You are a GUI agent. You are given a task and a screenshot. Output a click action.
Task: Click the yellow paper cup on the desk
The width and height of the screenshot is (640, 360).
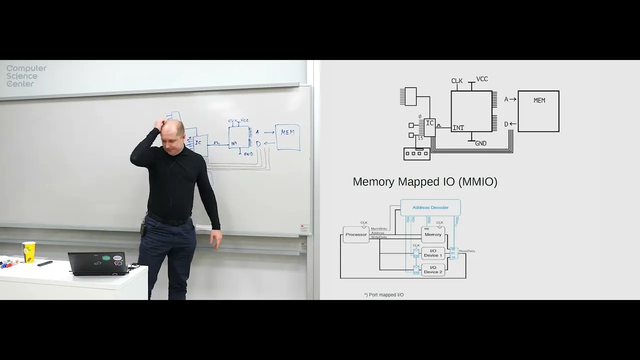point(28,252)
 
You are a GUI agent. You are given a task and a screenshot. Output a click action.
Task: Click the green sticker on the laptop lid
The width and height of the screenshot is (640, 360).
point(105,258)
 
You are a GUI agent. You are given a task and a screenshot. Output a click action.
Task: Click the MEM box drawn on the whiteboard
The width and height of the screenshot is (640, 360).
point(287,137)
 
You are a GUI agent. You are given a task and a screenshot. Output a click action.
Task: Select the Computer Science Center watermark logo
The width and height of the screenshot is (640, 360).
point(26,76)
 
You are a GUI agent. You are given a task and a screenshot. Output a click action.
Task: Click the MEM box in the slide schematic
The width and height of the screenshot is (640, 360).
point(538,111)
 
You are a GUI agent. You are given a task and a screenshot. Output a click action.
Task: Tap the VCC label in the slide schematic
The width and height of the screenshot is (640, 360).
point(482,79)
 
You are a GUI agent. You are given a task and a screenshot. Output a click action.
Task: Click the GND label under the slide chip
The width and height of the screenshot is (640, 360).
point(480,143)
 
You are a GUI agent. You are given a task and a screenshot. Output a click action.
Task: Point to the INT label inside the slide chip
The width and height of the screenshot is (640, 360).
point(458,128)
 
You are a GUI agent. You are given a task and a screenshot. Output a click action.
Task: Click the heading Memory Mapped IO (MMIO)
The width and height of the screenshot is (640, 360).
point(425,182)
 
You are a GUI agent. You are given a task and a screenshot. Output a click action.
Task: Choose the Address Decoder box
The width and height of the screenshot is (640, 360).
point(430,207)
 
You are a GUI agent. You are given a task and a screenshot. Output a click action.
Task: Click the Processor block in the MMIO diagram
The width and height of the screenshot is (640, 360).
point(356,234)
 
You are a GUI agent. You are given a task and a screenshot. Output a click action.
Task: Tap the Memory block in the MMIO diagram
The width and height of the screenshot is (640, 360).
point(433,234)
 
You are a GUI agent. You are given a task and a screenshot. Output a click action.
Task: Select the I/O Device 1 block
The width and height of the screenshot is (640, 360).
point(433,253)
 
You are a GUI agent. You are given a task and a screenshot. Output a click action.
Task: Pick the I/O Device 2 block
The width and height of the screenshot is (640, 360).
point(433,270)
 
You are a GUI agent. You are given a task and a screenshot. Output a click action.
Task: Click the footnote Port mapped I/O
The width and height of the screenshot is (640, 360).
point(384,295)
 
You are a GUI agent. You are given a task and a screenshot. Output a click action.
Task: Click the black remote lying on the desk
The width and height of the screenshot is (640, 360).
point(45,263)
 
